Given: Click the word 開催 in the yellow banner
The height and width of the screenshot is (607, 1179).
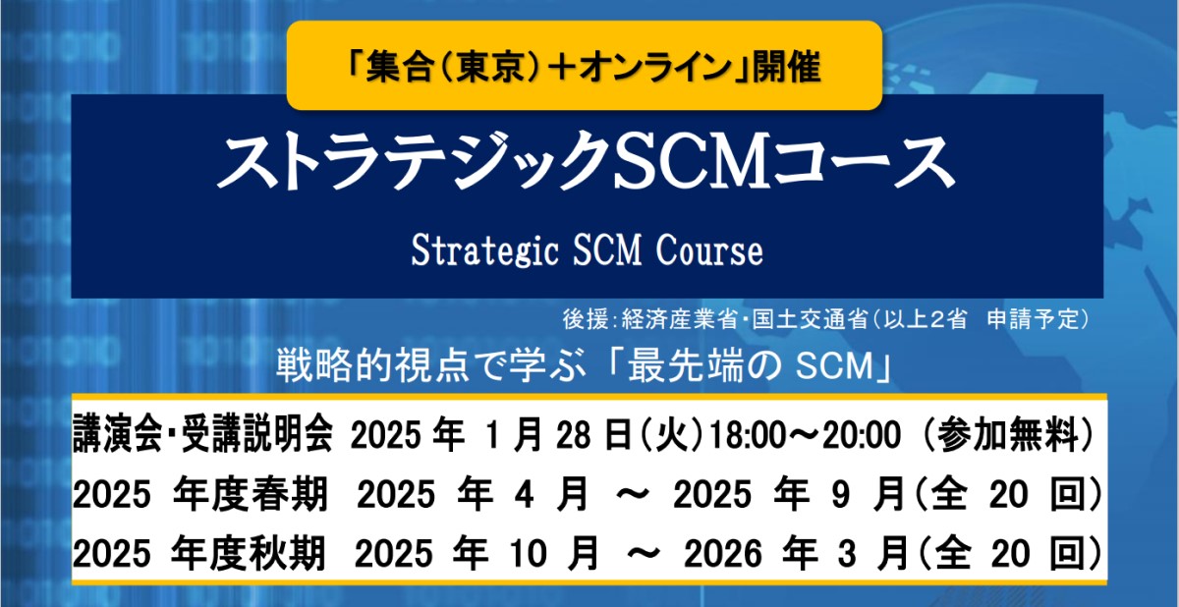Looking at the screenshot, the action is click(x=787, y=68).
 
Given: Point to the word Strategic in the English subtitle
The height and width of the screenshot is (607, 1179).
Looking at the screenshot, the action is click(x=484, y=250).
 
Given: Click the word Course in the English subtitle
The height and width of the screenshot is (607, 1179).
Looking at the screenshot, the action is click(x=709, y=250).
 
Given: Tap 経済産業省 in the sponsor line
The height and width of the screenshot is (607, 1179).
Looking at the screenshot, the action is click(x=680, y=319).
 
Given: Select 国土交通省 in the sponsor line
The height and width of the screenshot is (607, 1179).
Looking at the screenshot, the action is click(x=810, y=319).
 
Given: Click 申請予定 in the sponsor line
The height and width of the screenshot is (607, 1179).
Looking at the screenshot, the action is click(x=1034, y=319).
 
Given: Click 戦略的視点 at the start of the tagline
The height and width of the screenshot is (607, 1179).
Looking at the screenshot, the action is click(x=372, y=365).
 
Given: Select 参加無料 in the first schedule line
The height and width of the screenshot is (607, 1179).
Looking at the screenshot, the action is click(x=1007, y=435).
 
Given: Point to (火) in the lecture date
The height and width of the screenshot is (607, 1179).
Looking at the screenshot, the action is click(x=670, y=435).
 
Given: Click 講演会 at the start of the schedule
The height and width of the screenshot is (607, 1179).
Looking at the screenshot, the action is click(x=117, y=435).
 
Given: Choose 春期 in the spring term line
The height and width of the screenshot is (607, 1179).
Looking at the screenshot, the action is click(x=290, y=494).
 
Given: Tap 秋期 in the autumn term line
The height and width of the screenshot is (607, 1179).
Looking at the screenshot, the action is click(x=287, y=553).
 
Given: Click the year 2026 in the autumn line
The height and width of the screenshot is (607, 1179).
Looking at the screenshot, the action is click(x=723, y=554).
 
